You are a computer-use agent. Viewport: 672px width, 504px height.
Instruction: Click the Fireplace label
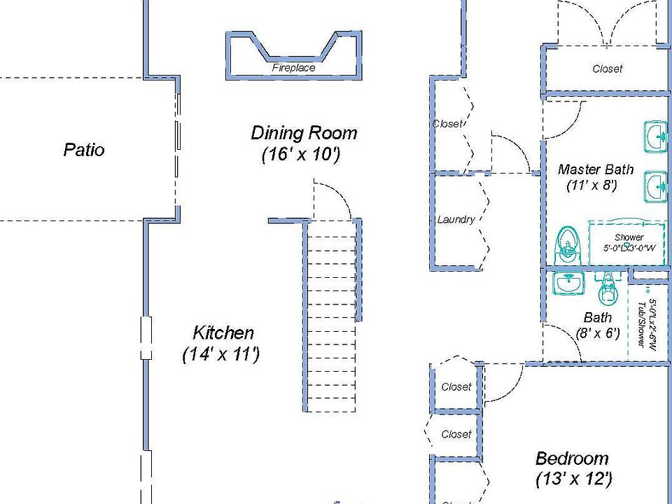click(293, 68)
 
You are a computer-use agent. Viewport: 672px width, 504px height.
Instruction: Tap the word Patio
click(84, 150)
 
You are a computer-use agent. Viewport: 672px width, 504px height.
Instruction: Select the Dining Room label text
click(304, 132)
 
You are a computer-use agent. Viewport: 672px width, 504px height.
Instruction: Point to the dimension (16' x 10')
click(301, 155)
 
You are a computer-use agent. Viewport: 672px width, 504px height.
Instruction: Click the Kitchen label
click(223, 332)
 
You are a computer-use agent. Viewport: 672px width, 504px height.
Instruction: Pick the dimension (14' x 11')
click(221, 355)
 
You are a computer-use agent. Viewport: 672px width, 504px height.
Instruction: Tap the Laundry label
click(456, 219)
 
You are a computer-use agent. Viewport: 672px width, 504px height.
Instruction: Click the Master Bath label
click(596, 169)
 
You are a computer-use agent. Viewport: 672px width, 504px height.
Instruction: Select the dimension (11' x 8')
click(591, 185)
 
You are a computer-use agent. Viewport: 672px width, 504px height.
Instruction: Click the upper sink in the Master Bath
click(657, 136)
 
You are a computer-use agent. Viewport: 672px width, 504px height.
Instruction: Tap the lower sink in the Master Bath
click(657, 185)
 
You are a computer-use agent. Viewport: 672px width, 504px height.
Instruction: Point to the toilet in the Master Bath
click(566, 244)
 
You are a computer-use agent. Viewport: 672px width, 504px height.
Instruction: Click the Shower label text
click(629, 237)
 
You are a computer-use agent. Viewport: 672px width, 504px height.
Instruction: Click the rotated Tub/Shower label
click(640, 319)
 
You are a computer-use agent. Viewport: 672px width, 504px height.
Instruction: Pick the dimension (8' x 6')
click(598, 334)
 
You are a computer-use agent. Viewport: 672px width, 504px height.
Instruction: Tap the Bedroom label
click(572, 458)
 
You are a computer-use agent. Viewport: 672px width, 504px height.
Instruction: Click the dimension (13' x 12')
click(574, 479)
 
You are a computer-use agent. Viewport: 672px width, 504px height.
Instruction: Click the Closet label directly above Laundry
click(447, 124)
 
